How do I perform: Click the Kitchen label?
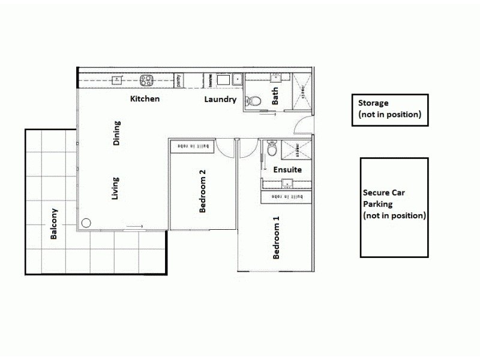pos(145,98)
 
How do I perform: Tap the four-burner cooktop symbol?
pos(147,79)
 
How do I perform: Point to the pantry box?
pos(178,80)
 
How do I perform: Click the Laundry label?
pos(220,100)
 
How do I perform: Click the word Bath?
pos(275,95)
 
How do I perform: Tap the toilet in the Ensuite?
pos(271,146)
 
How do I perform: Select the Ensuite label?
pos(287,170)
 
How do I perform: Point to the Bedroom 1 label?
pos(277,241)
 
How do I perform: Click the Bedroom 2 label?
pos(203,191)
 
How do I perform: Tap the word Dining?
pos(117,133)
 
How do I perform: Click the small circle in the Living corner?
pos(86,223)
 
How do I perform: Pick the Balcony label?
pos(54,224)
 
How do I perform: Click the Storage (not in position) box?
pos(389,110)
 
